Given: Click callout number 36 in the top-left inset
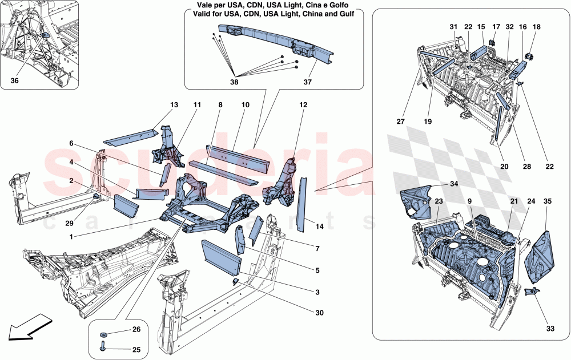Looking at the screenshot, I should (14, 81).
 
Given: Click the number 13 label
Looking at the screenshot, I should (174, 105).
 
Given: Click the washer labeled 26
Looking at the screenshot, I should (104, 334).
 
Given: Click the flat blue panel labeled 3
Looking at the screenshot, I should (220, 253).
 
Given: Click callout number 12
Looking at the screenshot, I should (302, 105).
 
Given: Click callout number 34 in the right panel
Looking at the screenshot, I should (454, 184).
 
